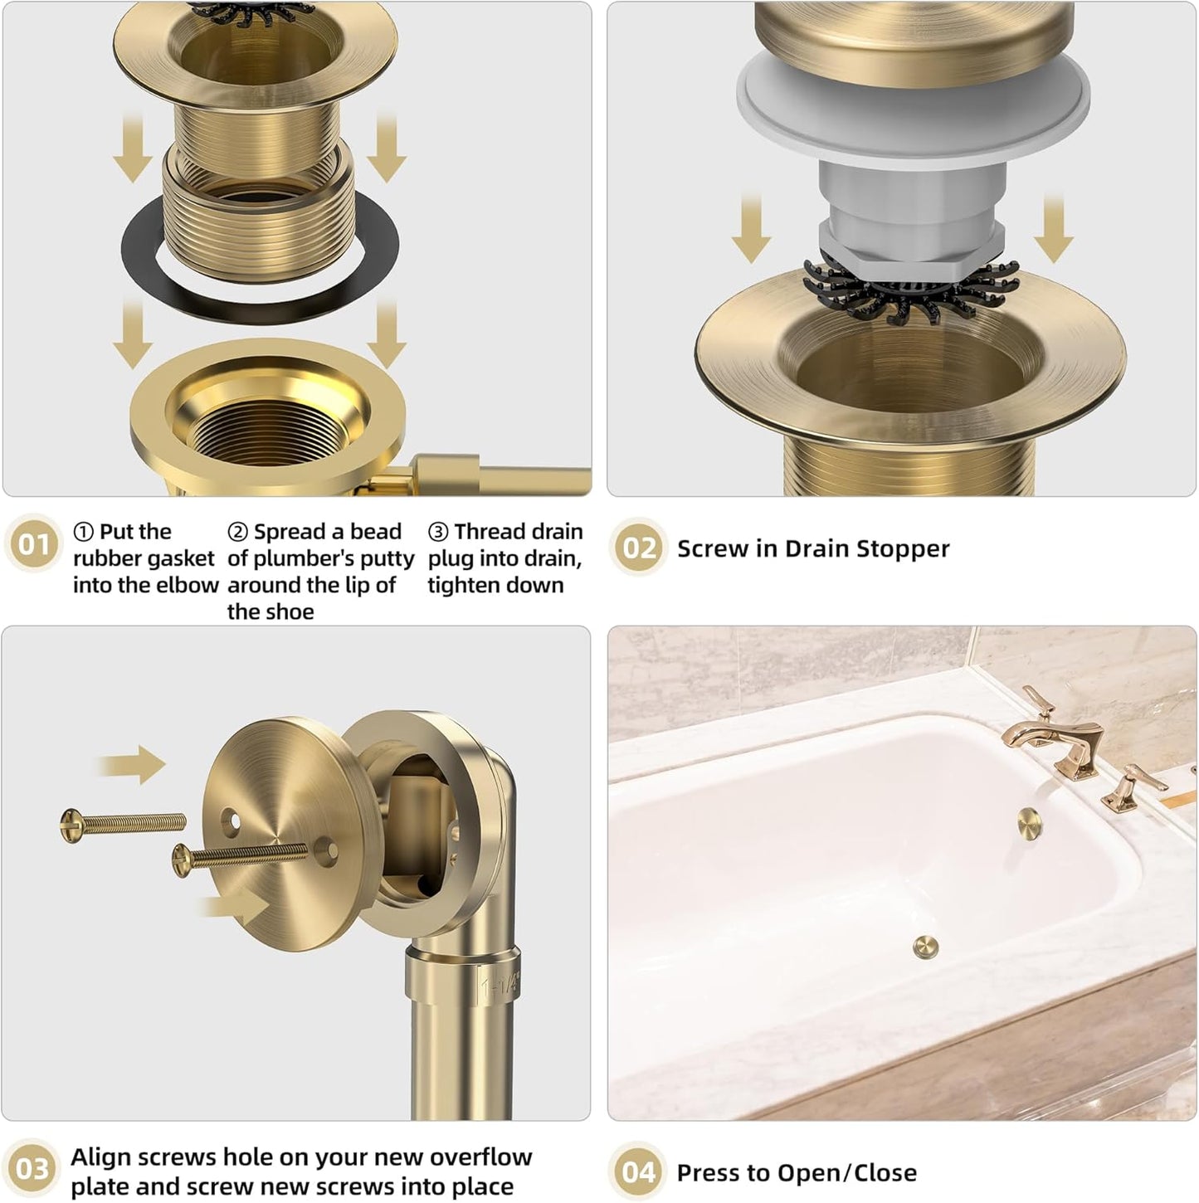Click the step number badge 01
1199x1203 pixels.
[x=34, y=545]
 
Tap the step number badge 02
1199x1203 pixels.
[x=638, y=548]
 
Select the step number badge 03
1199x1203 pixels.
[x=32, y=1169]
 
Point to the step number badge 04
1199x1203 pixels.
[x=638, y=1171]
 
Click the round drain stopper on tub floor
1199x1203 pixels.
[x=925, y=947]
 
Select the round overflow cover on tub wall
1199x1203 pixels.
[x=1029, y=821]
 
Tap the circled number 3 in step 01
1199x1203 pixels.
[x=438, y=532]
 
